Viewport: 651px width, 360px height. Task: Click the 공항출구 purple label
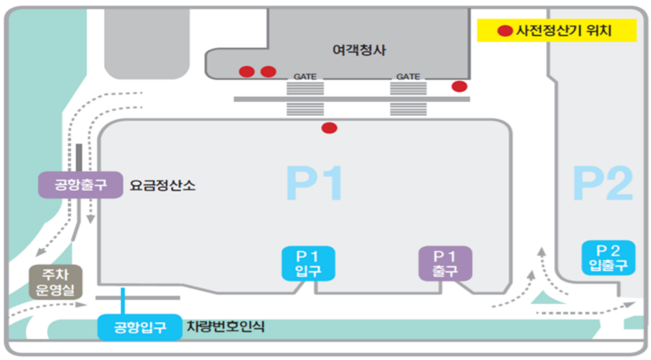[81, 184]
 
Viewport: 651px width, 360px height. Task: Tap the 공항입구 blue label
[140, 327]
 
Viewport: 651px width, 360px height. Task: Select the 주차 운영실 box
[55, 282]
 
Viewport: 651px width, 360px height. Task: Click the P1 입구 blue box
[308, 263]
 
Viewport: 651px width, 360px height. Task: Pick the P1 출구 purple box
[445, 263]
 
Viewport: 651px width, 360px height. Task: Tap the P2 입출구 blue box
[608, 257]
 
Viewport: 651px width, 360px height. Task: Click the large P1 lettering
[315, 183]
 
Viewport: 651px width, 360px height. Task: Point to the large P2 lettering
[603, 184]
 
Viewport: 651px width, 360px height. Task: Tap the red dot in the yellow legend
[505, 31]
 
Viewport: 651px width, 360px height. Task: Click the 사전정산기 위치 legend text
[564, 31]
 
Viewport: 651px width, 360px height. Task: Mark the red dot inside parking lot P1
[329, 128]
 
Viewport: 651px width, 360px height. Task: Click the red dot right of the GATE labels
[459, 86]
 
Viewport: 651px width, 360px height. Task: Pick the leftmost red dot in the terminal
[246, 72]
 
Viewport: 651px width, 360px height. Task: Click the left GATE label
[305, 77]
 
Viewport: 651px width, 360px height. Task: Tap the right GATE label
[408, 77]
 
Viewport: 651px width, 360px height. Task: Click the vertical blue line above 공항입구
[123, 301]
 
